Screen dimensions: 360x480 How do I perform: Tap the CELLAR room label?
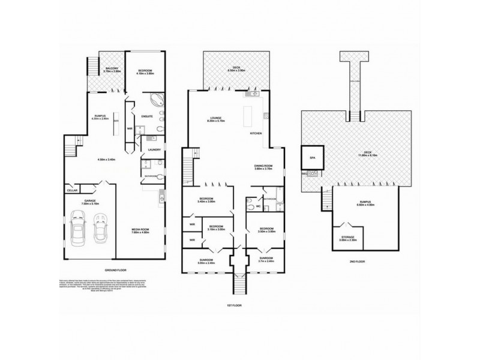[73, 191]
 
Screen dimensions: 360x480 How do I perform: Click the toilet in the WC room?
[251, 206]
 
